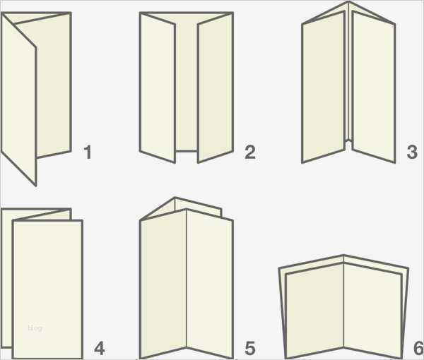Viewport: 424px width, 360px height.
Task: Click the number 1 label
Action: tap(88, 152)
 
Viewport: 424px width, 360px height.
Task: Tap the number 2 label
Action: tap(250, 152)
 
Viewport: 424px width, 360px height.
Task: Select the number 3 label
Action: tap(412, 152)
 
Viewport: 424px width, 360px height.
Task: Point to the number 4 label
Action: tap(99, 348)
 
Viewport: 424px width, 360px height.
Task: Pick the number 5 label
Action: tap(250, 348)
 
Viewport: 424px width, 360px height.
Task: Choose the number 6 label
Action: tap(418, 348)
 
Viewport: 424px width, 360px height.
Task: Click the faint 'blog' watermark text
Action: tap(35, 328)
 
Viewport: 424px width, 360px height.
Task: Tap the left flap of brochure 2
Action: tap(158, 88)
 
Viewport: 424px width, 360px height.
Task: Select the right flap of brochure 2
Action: tap(216, 88)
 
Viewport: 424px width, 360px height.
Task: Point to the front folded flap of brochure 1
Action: tap(18, 100)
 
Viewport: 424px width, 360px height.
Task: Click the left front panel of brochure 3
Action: tap(323, 87)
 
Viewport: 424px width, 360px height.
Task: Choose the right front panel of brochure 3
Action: tap(374, 87)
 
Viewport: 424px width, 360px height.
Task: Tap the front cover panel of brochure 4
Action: tap(47, 289)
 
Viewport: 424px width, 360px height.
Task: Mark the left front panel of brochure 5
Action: tap(163, 284)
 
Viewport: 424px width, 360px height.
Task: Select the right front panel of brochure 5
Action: tap(210, 284)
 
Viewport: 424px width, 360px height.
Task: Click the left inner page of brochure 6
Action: tap(314, 311)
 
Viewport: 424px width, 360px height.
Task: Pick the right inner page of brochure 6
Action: tap(373, 311)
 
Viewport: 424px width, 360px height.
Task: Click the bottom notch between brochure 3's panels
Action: tap(349, 141)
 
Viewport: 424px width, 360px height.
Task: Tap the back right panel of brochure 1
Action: tap(54, 86)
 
